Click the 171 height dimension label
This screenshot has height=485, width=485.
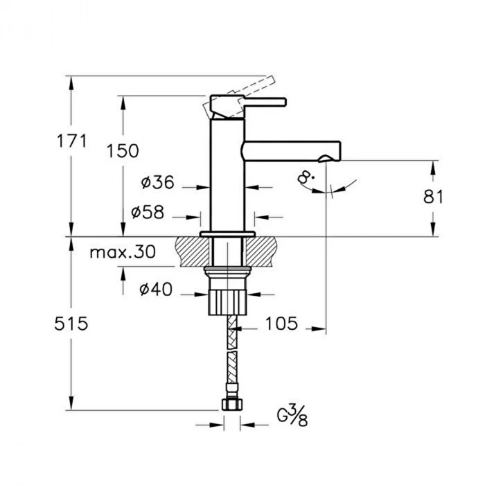click(x=72, y=141)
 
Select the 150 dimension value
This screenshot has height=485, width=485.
click(x=123, y=151)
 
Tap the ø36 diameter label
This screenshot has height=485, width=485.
click(x=157, y=182)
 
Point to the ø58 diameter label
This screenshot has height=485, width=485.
click(x=148, y=212)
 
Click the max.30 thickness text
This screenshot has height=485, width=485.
click(x=123, y=252)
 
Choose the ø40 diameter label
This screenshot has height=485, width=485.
click(x=156, y=290)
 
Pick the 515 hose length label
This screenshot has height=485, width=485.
click(x=71, y=324)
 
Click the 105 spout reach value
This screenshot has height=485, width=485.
click(x=282, y=324)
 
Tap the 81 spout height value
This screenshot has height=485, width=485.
click(x=433, y=197)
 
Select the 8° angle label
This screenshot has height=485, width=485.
click(x=306, y=179)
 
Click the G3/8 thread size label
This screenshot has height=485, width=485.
click(x=292, y=416)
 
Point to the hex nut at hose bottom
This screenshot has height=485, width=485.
click(x=232, y=405)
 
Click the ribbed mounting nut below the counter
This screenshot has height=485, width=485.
click(x=227, y=302)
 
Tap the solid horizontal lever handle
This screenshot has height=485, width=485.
click(x=264, y=102)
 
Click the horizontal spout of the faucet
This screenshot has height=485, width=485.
click(x=291, y=151)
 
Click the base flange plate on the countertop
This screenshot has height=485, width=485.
click(x=227, y=234)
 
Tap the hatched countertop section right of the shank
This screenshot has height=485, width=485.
click(x=261, y=252)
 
